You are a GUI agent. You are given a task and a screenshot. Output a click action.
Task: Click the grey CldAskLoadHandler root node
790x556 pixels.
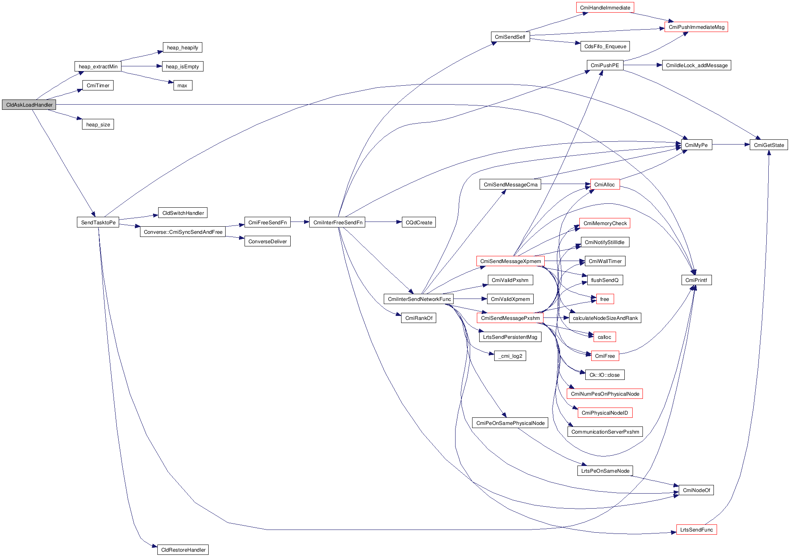pos(29,105)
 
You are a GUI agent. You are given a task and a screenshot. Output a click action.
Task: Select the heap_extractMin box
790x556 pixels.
pos(98,67)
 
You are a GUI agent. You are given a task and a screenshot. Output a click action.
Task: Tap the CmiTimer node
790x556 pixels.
pos(98,86)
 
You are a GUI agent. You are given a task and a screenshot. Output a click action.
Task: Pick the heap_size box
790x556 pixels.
pos(98,125)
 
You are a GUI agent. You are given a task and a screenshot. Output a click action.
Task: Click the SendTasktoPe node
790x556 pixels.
pos(98,223)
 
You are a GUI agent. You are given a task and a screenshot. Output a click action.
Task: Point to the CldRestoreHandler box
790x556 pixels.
pos(183,550)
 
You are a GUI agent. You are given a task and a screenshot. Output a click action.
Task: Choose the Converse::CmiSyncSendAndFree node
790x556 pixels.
pos(183,232)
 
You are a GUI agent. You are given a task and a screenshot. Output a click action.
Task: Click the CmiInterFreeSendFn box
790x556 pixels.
pos(338,223)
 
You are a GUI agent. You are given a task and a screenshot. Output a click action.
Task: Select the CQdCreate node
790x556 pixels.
pos(418,223)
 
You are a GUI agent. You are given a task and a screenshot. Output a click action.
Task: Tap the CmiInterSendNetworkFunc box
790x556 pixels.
pos(419,299)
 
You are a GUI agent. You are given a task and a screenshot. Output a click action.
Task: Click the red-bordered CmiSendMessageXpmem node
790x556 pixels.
pos(510,261)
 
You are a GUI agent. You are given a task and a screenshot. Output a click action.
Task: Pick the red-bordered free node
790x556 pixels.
pos(605,299)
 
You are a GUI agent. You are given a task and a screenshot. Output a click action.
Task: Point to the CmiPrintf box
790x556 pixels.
pos(696,280)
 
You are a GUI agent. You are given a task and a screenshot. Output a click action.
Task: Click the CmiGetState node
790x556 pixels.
pos(769,145)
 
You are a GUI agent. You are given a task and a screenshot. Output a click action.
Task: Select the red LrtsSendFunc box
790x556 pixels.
pos(696,530)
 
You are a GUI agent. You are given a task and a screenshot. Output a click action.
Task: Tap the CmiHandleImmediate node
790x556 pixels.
pos(605,8)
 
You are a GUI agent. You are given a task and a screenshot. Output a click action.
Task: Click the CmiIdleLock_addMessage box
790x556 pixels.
pos(697,66)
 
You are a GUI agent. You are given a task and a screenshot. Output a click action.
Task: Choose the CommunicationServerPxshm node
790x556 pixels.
pos(605,432)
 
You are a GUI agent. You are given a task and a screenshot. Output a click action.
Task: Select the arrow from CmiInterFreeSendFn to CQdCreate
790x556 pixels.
pos(383,222)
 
